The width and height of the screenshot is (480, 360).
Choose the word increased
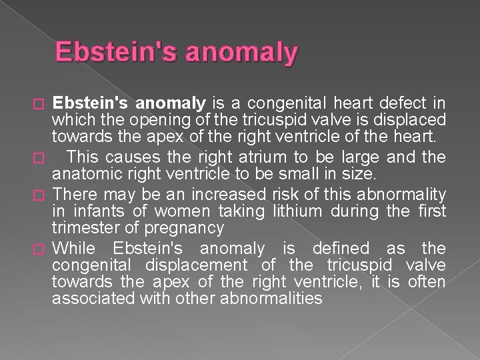tap(222, 195)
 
